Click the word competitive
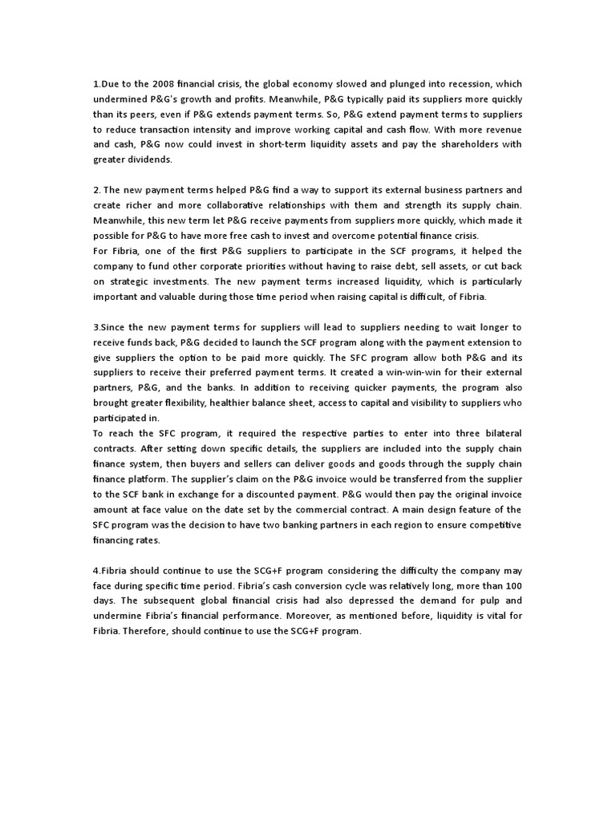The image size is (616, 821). coord(492,525)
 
